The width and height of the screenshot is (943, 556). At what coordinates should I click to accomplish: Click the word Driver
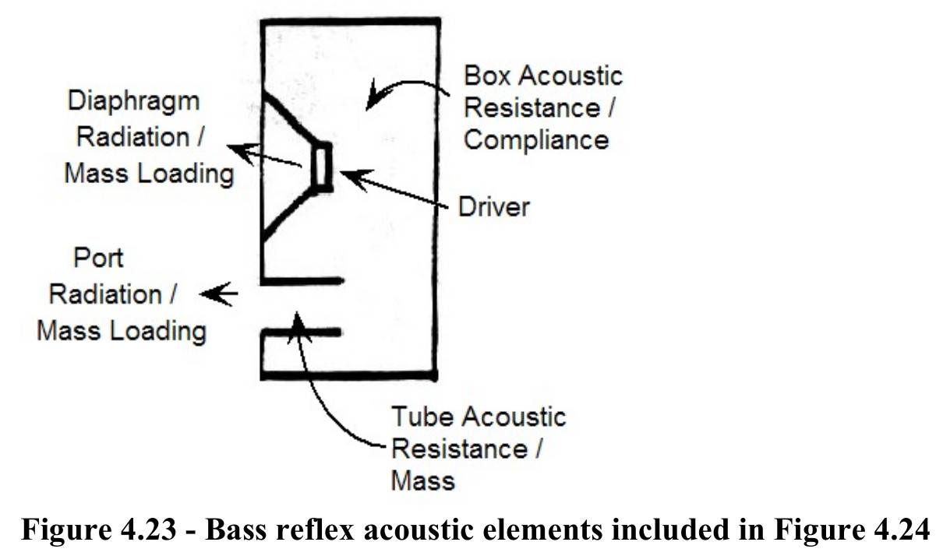tap(494, 207)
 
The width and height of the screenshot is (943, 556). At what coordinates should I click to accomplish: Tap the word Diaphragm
tap(133, 102)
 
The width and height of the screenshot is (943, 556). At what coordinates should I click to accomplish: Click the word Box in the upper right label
tap(486, 76)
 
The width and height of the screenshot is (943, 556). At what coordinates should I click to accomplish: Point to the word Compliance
tap(536, 139)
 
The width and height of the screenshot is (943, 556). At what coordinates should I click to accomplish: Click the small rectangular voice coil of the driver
tap(323, 167)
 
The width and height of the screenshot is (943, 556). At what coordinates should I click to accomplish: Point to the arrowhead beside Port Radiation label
tap(210, 294)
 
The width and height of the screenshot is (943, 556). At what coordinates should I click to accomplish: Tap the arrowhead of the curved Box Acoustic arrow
tap(373, 97)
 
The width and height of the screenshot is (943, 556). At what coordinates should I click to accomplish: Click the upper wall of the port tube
tap(302, 281)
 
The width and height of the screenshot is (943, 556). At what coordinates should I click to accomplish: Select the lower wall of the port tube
tap(302, 333)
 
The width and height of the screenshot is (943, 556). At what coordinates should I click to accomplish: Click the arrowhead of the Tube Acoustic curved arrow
tap(298, 326)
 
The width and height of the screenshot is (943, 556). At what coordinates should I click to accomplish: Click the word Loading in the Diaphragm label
tap(185, 174)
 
